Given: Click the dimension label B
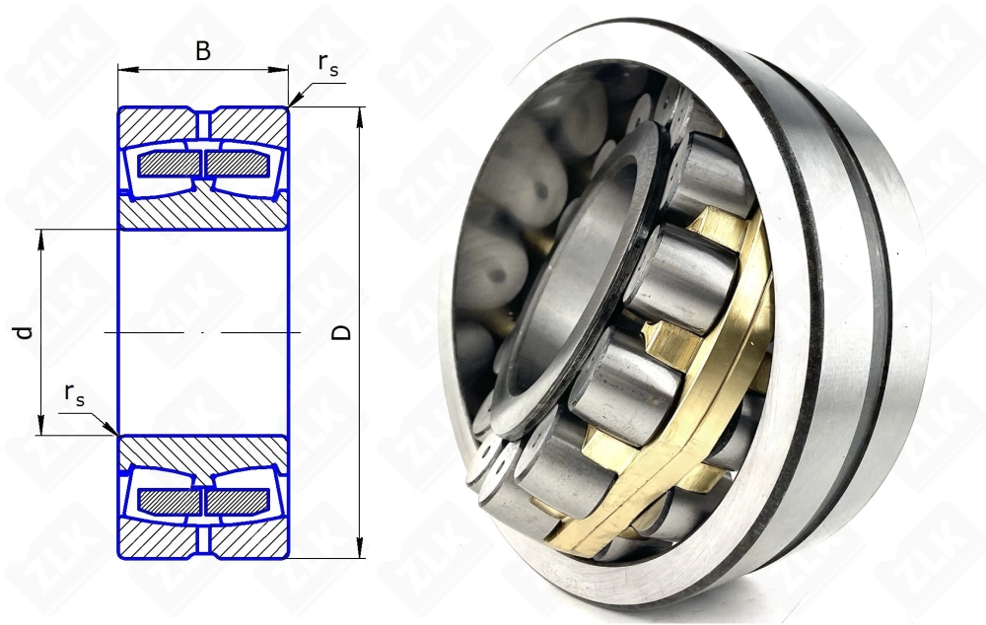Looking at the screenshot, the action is point(202,51).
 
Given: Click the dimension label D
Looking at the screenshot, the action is point(341,332).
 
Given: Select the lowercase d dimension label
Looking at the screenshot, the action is point(24,332).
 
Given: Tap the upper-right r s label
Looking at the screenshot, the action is point(327,64).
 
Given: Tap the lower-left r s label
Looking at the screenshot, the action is point(74,394).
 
